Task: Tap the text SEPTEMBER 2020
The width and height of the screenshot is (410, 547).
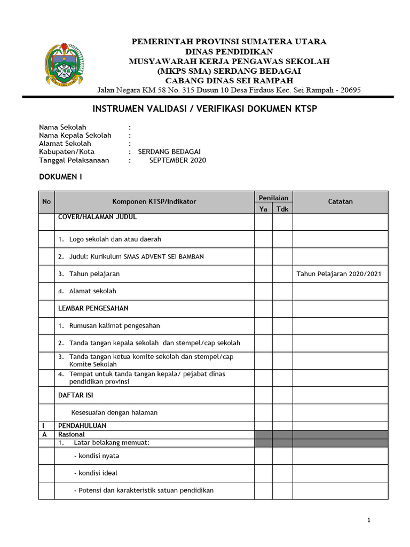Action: coord(177,160)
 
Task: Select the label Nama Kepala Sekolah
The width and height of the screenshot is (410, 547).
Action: coord(75,136)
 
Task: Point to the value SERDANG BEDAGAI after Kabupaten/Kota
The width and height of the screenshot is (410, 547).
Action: coord(165,152)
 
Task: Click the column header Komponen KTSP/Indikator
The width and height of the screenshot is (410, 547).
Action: coord(154,201)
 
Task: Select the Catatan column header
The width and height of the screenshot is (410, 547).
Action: coord(340,201)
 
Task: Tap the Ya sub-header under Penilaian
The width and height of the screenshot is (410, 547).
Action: coord(263,209)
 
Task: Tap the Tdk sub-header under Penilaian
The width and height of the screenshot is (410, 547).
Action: coord(282,209)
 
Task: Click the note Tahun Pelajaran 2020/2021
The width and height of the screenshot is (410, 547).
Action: coord(339,274)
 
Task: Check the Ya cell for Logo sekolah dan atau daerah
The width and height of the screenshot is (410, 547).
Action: coord(263,239)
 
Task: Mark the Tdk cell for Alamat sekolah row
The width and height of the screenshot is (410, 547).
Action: coord(282,291)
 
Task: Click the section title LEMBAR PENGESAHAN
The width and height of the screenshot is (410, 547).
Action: coord(93,308)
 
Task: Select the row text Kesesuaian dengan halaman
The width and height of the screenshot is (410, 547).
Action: coord(114,412)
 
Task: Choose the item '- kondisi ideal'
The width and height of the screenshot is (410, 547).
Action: coord(96,473)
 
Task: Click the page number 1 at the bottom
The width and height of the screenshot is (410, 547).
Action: coord(368,520)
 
